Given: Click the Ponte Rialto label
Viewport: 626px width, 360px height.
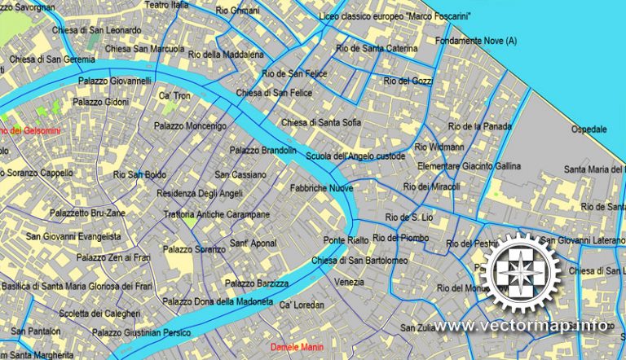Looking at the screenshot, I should [x=346, y=240].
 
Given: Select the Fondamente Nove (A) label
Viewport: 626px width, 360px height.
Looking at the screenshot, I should [x=476, y=41].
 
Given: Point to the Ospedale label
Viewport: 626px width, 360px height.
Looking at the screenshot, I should [x=589, y=130].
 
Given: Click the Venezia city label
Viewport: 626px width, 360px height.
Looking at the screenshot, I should [x=350, y=282].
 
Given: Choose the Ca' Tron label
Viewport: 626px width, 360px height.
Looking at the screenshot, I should [x=175, y=96].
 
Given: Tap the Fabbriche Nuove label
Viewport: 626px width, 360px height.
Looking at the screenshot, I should [x=321, y=188].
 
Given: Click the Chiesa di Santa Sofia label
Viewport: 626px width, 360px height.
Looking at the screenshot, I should [x=321, y=123].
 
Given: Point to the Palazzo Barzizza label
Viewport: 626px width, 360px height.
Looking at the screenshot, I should [x=257, y=283].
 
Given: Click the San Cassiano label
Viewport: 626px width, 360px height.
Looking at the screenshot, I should [x=240, y=174].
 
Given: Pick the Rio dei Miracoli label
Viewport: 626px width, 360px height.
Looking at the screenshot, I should [x=431, y=187].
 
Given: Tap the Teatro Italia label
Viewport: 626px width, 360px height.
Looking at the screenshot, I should [x=166, y=5].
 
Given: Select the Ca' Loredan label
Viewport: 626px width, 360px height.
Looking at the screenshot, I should [x=302, y=305].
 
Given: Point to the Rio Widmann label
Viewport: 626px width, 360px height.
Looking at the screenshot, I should [x=439, y=147].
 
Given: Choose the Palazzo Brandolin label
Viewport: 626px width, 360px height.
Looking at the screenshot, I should [x=262, y=151].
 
